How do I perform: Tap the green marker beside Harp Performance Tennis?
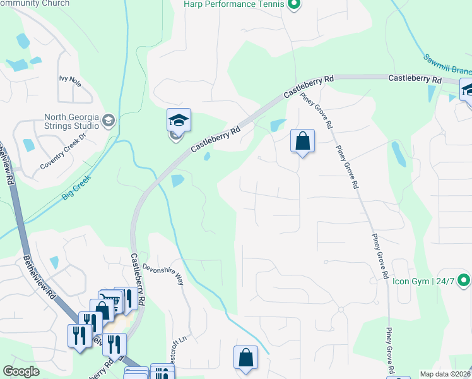tap(293, 5)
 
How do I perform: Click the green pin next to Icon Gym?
tap(464, 279)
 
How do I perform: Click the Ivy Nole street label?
tap(71, 80)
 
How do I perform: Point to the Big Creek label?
tap(76, 188)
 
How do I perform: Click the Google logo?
tap(21, 371)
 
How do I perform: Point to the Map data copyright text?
tap(445, 374)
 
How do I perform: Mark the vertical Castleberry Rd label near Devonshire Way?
tap(138, 277)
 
